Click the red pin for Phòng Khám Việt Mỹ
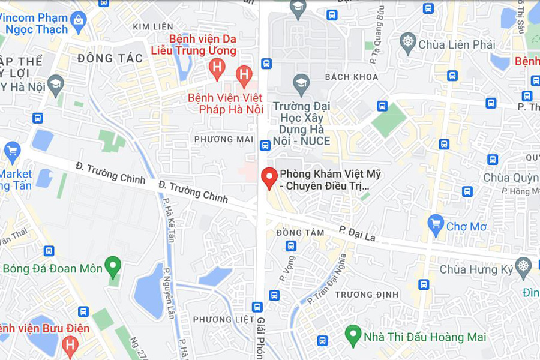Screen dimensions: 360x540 269,178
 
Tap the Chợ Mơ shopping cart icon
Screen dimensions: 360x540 436,226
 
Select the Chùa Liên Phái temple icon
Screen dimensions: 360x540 408,44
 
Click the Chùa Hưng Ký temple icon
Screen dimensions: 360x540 524,268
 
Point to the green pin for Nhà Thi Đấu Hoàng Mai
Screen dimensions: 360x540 353,335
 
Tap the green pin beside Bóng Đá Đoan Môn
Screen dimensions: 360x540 113,266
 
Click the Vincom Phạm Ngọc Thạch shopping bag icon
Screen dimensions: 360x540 78,22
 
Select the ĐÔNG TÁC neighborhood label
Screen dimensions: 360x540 110,58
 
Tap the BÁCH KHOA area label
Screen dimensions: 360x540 352,77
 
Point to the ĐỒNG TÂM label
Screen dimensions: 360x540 296,232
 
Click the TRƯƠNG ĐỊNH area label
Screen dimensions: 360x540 359,295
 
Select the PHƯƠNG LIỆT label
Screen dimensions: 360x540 224,319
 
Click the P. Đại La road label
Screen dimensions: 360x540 357,233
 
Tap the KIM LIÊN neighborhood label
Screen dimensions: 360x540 149,27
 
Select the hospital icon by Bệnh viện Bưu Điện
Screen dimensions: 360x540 70,344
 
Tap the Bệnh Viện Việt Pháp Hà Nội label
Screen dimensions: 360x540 226,103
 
